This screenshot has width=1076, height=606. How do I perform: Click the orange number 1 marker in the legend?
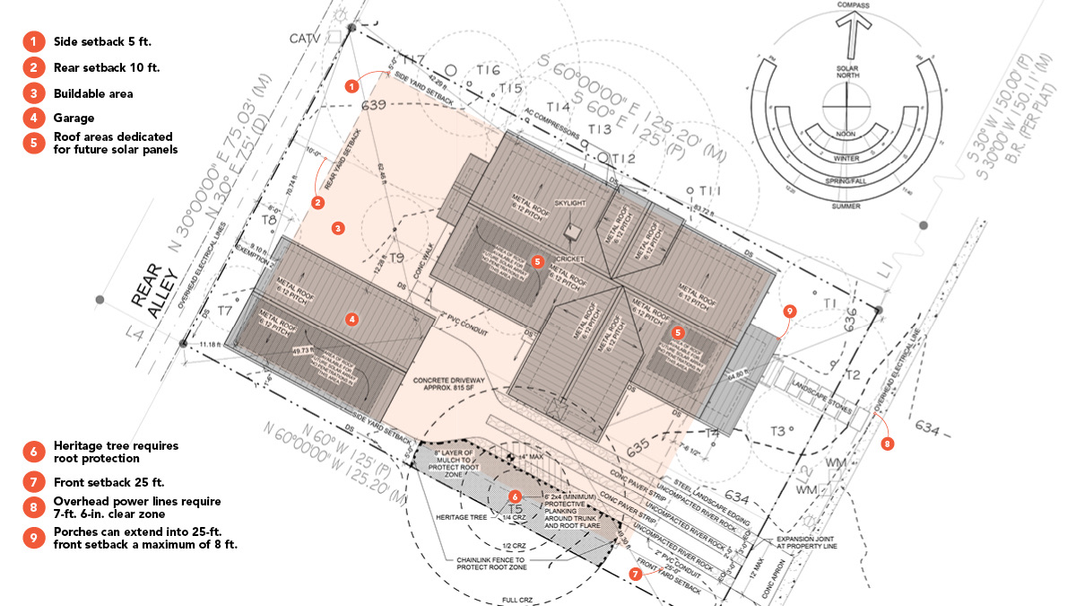pos(33,41)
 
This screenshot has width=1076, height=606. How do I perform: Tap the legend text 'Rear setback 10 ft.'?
pos(107,67)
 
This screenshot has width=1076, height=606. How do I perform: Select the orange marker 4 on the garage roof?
pos(352,318)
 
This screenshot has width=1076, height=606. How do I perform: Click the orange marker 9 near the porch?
pos(789,311)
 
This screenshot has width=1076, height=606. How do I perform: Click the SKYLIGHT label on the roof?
pos(570,203)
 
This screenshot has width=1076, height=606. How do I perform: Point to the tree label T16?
pos(488,70)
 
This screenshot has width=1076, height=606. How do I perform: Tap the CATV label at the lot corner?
pos(304,39)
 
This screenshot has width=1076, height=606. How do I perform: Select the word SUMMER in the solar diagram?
pos(846,206)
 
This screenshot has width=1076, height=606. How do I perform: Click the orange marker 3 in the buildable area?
pos(338,228)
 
